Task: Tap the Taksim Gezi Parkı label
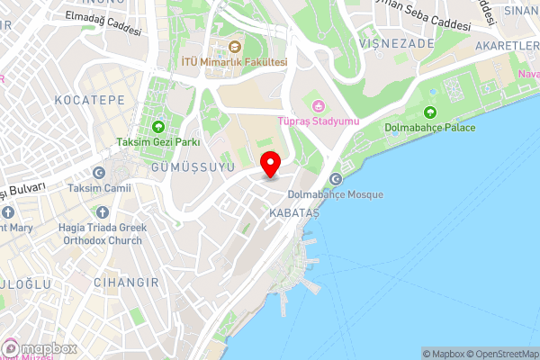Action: tap(157, 141)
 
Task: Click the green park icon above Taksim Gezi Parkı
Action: tap(158, 126)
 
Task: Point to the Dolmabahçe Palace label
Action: tap(429, 128)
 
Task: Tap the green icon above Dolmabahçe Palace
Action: tap(429, 112)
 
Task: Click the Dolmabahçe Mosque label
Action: tap(336, 194)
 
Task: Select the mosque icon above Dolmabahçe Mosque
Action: tap(336, 179)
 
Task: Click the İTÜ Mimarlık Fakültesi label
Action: tap(234, 62)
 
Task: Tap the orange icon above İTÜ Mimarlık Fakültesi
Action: tap(234, 47)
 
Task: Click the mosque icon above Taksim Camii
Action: tap(99, 173)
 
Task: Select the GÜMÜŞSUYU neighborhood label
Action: tap(193, 166)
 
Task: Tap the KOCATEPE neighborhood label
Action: tap(89, 98)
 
